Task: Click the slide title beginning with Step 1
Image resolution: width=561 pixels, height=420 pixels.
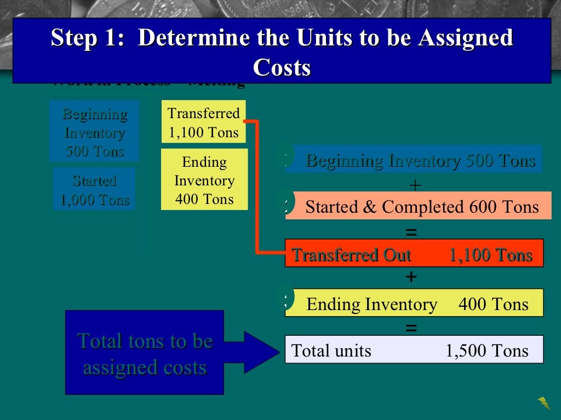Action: pos(282,39)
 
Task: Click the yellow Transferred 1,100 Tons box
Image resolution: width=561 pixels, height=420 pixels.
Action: pos(204,122)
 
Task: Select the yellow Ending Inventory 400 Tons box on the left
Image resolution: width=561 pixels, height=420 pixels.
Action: pos(204,180)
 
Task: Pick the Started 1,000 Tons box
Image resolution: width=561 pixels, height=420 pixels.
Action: pos(94,190)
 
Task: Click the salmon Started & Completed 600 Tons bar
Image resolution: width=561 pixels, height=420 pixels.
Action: pos(419,207)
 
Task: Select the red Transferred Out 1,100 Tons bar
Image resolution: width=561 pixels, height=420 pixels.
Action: pos(414,254)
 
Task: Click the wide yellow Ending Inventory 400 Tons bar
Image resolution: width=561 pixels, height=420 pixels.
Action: pos(415,304)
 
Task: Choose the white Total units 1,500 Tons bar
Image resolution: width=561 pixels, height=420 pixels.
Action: pos(414,350)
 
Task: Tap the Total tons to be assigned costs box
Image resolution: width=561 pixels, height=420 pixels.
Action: pos(145,353)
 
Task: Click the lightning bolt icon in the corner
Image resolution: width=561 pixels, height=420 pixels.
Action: pos(545,403)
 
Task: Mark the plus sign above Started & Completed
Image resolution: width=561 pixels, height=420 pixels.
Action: pos(415,186)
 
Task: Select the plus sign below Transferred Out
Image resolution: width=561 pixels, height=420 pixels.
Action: pos(411,278)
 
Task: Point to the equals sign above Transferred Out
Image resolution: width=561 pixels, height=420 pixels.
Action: pos(411,232)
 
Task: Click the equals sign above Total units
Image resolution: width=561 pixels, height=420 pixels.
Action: pos(411,329)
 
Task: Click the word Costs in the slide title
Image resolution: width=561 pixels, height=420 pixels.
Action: pos(282,68)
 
